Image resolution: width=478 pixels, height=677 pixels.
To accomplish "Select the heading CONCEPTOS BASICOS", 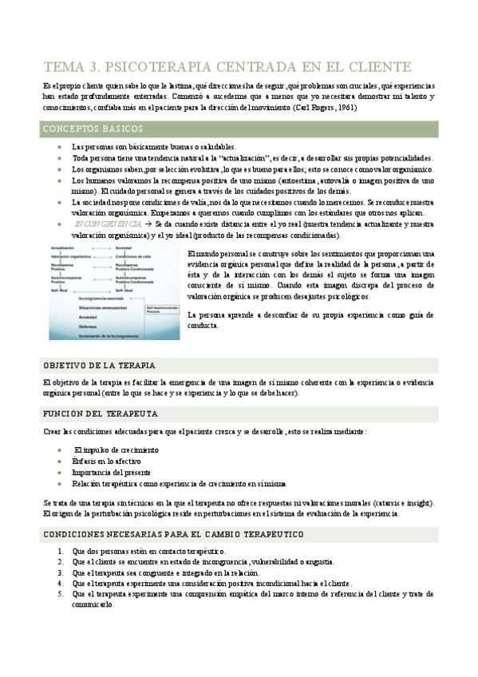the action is (x=93, y=129).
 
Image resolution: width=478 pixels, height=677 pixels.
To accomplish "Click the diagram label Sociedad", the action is (x=124, y=249).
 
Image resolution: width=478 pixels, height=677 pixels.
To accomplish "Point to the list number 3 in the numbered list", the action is (x=61, y=572).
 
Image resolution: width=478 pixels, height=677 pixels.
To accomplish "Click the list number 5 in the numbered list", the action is (x=61, y=594).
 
